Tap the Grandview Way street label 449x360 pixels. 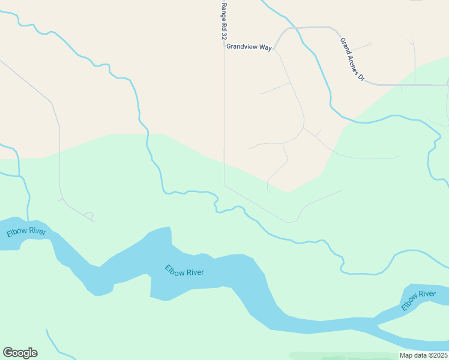[249, 46]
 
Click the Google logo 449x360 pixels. [20, 353]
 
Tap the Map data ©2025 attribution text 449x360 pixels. [423, 355]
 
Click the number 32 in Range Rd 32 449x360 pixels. [224, 36]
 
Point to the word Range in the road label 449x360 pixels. [224, 11]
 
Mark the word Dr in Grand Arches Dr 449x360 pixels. [361, 77]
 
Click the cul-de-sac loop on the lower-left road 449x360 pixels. [89, 214]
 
